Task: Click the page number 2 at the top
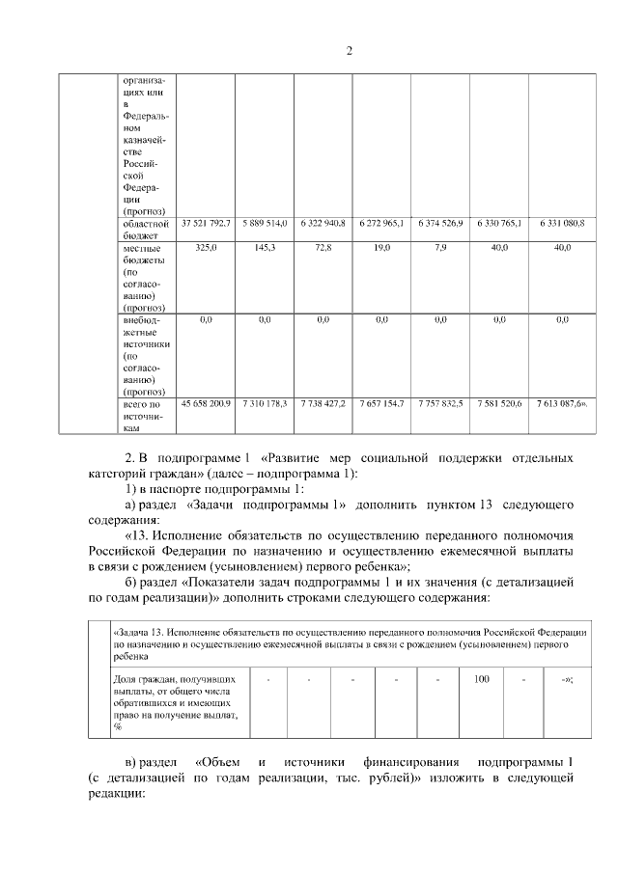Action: pos(350,50)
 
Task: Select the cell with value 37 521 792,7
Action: pos(206,223)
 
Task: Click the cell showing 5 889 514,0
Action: pos(265,223)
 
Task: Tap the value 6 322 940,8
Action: pos(323,223)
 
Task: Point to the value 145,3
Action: pos(265,248)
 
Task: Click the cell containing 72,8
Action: pos(323,248)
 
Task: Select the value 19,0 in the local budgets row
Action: pos(381,248)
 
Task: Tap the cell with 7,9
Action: pos(440,248)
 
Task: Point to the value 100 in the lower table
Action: pos(482,679)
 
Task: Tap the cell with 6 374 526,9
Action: pos(440,223)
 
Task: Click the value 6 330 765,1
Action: pos(499,223)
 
